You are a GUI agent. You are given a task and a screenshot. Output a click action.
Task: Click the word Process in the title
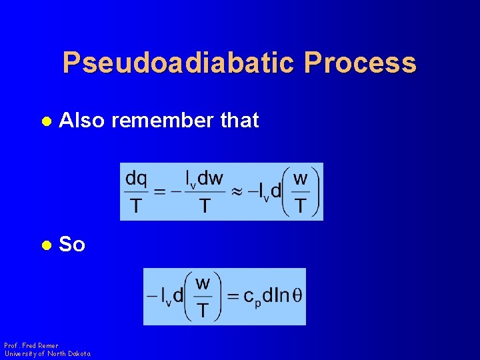[x=360, y=63]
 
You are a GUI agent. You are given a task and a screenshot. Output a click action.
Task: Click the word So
[x=72, y=245]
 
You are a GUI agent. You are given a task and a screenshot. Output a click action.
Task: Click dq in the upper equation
[x=137, y=178]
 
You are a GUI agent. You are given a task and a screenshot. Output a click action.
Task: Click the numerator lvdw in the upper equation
[x=204, y=179]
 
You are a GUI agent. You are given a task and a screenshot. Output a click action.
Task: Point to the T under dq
[x=136, y=206]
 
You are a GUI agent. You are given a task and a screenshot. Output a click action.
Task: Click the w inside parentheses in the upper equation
[x=301, y=179]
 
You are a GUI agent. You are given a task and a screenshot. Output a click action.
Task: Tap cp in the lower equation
[x=252, y=297]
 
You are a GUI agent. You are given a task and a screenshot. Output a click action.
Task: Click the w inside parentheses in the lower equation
[x=203, y=283]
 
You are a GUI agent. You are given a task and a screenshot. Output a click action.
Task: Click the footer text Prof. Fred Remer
[x=31, y=345]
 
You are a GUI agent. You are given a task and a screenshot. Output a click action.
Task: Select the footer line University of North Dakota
[x=47, y=353]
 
